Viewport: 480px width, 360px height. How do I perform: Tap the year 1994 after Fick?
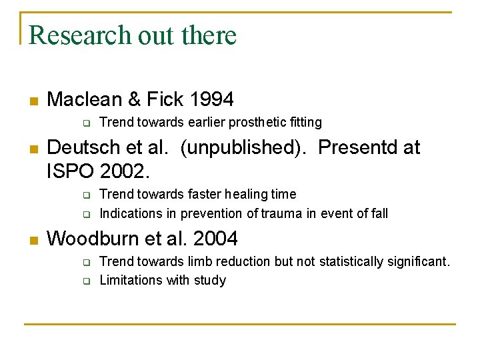(211, 100)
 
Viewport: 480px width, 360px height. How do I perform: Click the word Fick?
(165, 100)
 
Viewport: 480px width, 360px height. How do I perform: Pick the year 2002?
(125, 171)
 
